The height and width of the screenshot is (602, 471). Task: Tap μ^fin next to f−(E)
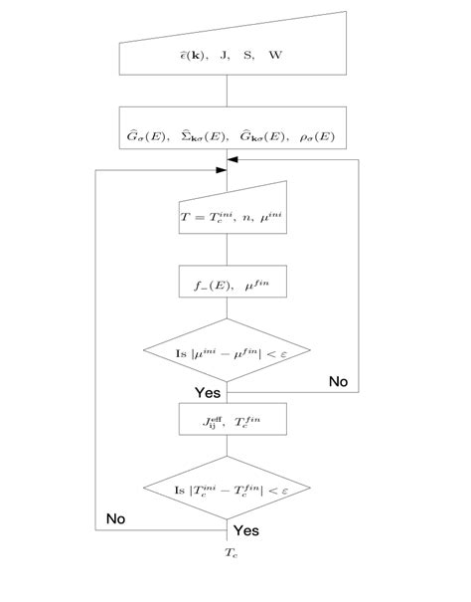[254, 285]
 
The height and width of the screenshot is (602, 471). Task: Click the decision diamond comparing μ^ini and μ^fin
[228, 351]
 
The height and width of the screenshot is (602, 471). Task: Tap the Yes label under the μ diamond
[209, 392]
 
